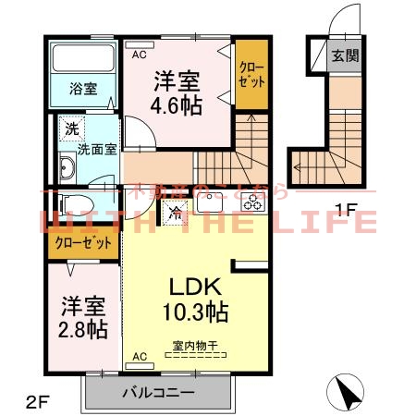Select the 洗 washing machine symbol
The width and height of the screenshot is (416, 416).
tap(70, 128)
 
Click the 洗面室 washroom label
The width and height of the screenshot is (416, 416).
tap(96, 149)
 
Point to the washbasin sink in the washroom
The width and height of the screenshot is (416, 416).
tap(67, 167)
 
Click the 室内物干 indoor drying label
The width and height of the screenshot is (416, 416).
tap(193, 348)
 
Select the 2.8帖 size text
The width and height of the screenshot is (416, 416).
tap(84, 329)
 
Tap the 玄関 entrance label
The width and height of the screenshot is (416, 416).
tap(347, 55)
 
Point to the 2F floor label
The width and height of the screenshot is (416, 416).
tap(38, 401)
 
